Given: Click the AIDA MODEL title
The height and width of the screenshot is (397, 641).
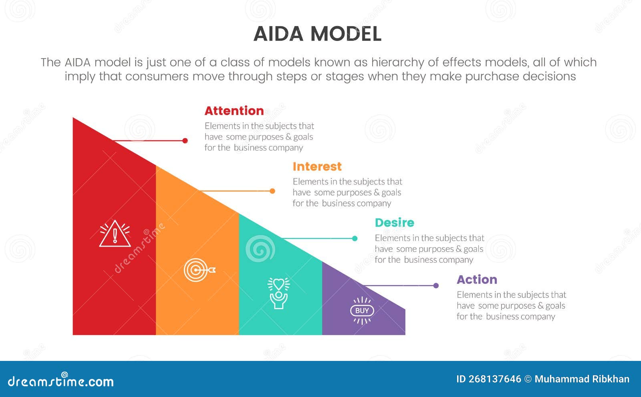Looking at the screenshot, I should tap(317, 34).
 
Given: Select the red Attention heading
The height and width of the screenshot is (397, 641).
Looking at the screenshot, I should tap(234, 111).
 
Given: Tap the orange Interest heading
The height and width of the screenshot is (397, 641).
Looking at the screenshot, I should tap(317, 166).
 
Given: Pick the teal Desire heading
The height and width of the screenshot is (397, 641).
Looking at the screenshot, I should tap(394, 223).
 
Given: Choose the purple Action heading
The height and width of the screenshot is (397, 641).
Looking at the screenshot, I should tap(477, 280).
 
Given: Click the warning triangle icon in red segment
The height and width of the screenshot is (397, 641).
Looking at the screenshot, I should tap(115, 233).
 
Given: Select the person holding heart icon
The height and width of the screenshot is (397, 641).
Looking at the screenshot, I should tap(278, 293).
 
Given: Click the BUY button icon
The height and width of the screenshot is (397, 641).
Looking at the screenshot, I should tap(362, 310).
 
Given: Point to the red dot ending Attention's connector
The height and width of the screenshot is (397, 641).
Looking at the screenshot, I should tap(185, 141).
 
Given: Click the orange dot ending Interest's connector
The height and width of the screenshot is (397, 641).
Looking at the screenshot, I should tap(272, 191).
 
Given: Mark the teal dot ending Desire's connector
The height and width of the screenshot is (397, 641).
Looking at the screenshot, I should tap(355, 239).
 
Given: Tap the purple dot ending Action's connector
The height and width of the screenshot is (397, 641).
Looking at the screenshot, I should tap(436, 286).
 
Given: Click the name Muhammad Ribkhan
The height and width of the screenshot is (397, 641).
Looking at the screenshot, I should tap(582, 379).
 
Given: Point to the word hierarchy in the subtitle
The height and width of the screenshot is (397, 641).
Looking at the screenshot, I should tap(397, 63).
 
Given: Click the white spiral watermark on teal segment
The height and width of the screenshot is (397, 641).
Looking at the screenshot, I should tap(260, 249).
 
